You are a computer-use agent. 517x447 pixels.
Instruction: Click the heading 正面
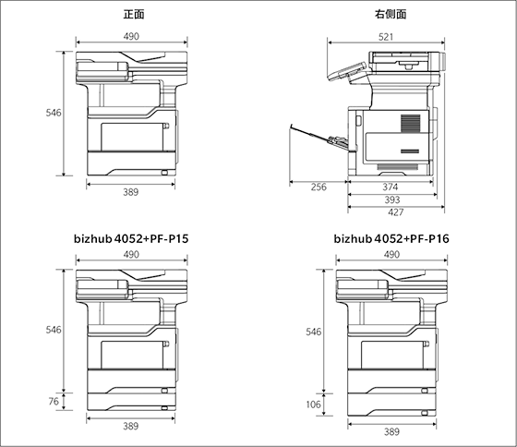134,15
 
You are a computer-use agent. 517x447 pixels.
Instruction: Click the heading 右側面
391,14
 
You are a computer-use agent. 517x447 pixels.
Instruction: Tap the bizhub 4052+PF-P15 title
131,238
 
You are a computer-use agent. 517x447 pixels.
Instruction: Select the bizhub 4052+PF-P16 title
391,238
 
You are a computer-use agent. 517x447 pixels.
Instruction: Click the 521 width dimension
386,37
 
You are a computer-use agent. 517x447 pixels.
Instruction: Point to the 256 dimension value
319,187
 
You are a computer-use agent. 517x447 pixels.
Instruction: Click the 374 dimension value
391,187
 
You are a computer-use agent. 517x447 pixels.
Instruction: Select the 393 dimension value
392,199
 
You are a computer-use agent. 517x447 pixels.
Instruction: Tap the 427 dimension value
396,212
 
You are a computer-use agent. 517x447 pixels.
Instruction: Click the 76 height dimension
54,401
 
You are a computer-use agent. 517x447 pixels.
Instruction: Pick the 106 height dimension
313,405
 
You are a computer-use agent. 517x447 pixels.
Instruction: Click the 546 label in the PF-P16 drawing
314,332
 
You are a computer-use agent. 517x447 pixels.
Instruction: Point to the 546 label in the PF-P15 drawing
54,330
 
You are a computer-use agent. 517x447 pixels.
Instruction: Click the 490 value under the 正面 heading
131,36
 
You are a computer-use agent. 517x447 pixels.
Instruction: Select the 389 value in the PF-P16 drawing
391,431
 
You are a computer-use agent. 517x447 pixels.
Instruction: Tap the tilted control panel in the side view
347,71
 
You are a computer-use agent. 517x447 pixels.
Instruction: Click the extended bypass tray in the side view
319,138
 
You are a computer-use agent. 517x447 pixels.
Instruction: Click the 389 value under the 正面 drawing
131,192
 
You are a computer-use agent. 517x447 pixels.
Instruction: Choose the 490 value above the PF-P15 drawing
131,254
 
